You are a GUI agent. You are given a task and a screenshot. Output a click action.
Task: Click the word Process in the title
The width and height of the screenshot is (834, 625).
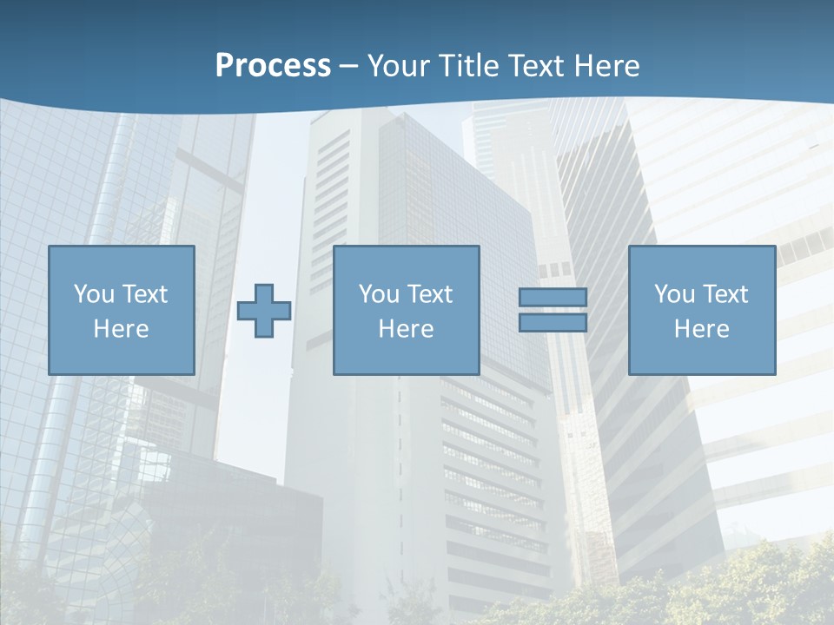click(273, 66)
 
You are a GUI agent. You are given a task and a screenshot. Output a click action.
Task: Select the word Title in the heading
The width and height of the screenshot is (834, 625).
click(468, 66)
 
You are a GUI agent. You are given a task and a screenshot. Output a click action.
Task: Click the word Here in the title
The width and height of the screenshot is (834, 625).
click(607, 66)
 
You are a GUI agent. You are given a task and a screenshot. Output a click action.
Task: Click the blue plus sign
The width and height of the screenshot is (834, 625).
click(264, 311)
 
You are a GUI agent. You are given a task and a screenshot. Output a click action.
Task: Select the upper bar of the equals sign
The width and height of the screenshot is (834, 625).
click(553, 298)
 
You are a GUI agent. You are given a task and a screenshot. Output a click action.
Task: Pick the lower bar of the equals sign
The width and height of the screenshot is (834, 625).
click(553, 323)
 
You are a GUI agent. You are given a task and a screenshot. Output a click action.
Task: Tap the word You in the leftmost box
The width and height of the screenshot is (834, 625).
click(94, 294)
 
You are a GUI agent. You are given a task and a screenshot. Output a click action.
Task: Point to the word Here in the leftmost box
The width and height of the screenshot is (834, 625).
click(122, 329)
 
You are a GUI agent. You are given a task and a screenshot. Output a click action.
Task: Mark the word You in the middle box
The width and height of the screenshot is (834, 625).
click(379, 294)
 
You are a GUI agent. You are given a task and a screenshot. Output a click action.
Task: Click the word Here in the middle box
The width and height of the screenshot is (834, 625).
click(407, 329)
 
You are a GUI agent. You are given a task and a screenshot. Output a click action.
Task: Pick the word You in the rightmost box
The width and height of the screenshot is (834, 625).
click(674, 294)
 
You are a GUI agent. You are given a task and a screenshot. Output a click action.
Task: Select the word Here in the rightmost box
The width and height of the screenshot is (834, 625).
click(702, 329)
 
